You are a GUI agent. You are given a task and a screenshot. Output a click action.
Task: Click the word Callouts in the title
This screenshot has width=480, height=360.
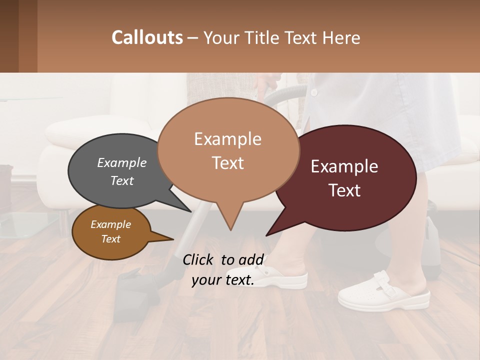(x=147, y=37)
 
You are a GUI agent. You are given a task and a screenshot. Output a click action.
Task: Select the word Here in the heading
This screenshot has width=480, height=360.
(x=340, y=37)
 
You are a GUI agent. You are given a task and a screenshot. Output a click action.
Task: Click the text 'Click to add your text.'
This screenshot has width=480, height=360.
(x=223, y=269)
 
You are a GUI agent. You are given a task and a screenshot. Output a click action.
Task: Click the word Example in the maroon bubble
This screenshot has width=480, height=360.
(x=344, y=166)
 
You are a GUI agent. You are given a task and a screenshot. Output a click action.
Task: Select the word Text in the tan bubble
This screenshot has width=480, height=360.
(x=228, y=163)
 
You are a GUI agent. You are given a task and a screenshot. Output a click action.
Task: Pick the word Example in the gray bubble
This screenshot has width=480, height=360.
(x=121, y=162)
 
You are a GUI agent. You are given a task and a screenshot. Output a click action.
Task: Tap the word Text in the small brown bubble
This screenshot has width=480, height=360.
(x=110, y=239)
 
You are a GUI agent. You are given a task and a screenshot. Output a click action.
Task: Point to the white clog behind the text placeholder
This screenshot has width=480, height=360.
(x=285, y=278)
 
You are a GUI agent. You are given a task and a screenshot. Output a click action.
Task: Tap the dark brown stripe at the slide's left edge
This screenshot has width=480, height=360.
(x=9, y=36)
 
